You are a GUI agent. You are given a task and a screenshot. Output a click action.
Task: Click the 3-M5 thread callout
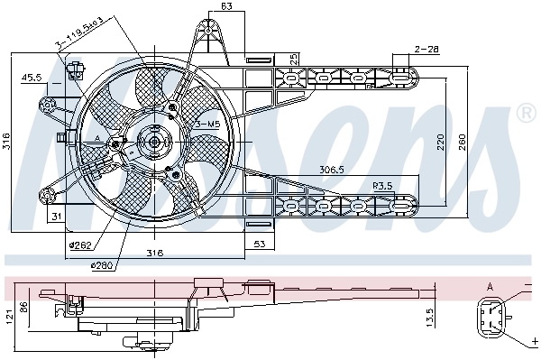[x=206, y=123]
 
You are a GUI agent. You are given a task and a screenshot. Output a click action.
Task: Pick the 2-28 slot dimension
[x=426, y=48]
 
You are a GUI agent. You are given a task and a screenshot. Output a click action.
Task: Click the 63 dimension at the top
[x=226, y=8]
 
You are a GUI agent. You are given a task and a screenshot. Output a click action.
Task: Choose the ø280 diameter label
[x=101, y=264]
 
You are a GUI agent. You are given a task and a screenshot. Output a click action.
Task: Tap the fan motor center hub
[x=151, y=141]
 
